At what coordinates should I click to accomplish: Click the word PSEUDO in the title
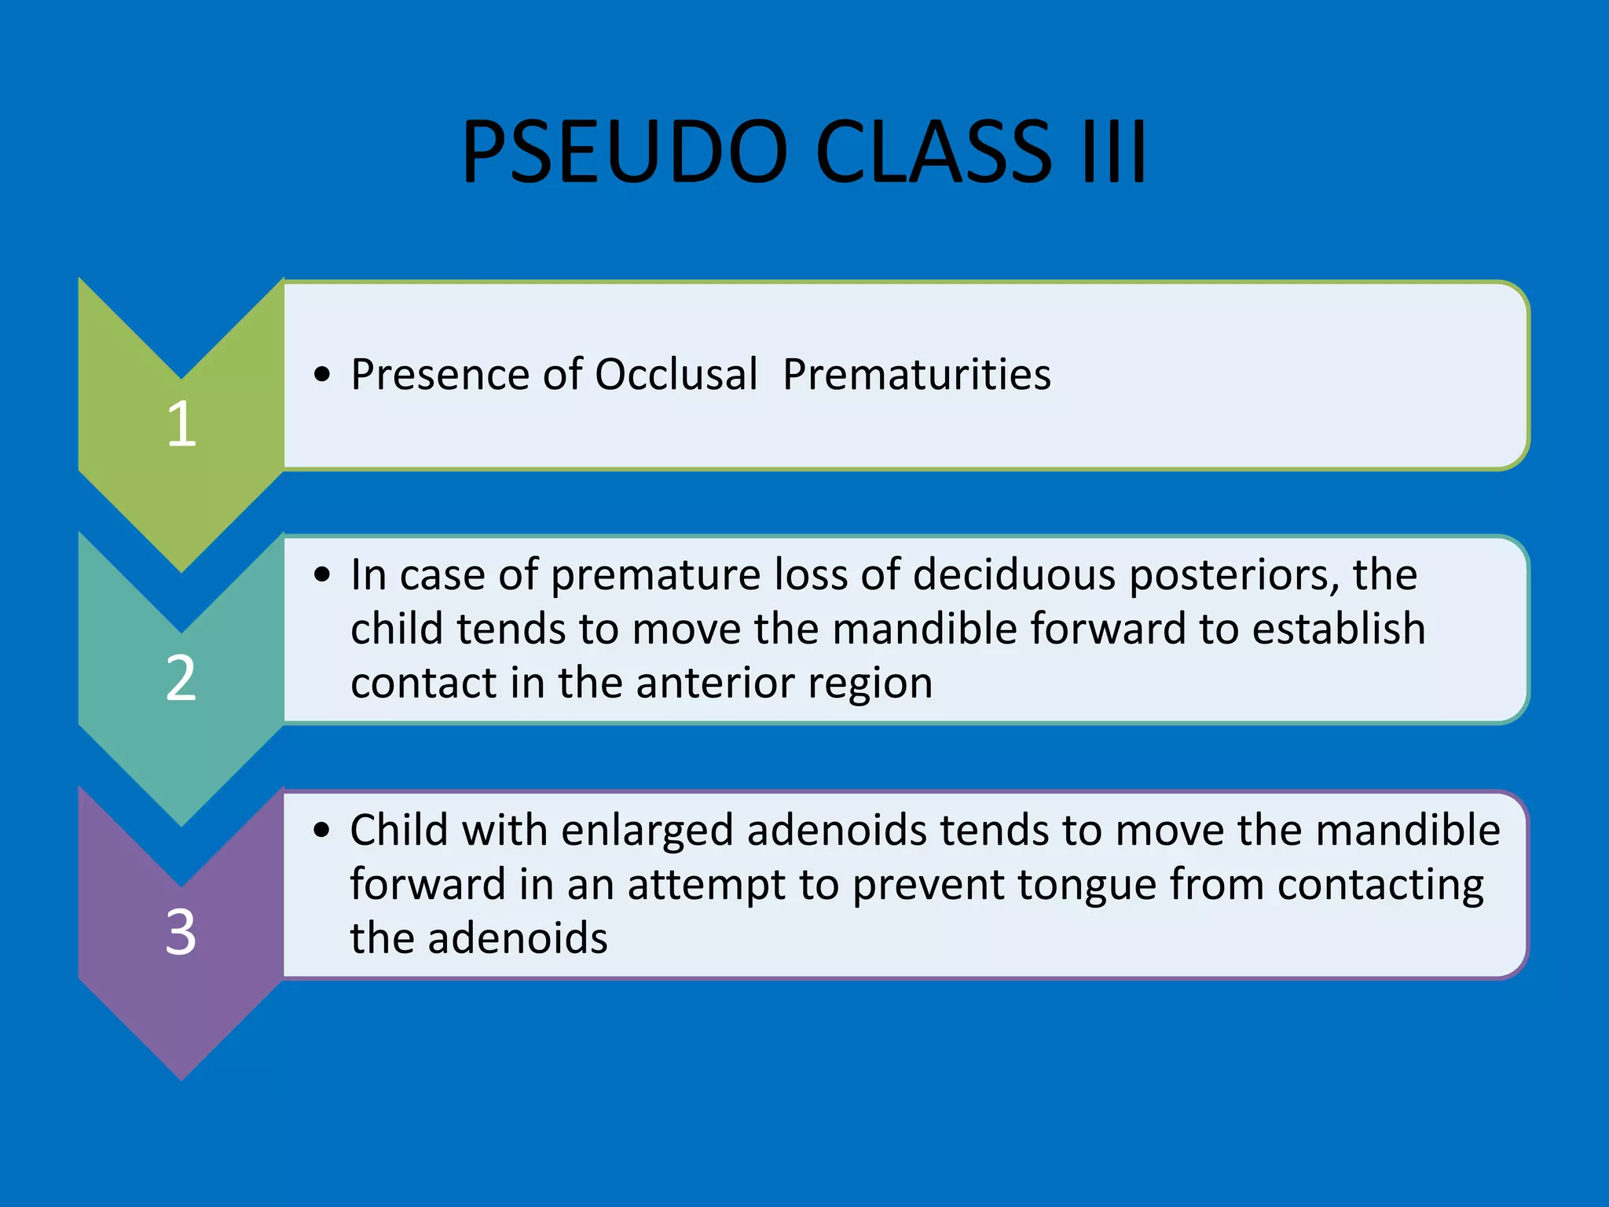click(x=625, y=152)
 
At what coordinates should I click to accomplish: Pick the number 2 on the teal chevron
click(x=181, y=678)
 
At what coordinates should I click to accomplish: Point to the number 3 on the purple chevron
click(x=181, y=933)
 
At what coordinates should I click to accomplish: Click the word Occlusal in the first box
click(x=676, y=374)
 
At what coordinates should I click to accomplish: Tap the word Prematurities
click(x=916, y=374)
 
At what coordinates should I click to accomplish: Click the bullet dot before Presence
click(x=321, y=375)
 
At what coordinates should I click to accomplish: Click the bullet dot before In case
click(x=321, y=575)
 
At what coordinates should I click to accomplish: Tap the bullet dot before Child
click(x=321, y=831)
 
